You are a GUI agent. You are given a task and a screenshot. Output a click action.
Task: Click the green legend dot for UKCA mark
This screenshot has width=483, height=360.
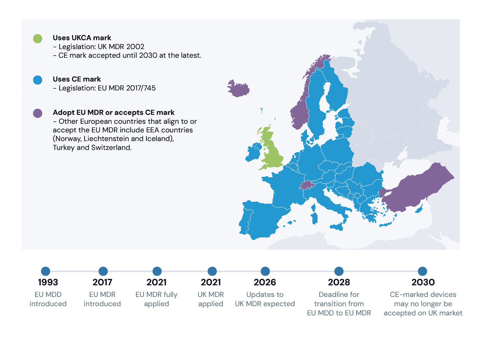coord(37,38)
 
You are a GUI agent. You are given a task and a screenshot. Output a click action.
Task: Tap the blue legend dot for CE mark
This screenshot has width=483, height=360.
coord(37,80)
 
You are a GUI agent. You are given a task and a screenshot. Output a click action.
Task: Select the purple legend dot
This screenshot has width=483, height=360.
coord(37,113)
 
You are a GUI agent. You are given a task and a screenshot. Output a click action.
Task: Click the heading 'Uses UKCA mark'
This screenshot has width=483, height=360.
coord(82,38)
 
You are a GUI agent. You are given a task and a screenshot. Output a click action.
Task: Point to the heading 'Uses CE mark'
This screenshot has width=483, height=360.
coord(77,79)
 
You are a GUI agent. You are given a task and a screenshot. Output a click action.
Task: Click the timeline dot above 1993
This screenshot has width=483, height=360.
coord(46,271)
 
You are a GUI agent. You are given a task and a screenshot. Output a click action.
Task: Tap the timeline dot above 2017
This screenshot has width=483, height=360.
coord(103,271)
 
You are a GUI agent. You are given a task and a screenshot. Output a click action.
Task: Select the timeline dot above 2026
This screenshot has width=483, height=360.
coord(265,271)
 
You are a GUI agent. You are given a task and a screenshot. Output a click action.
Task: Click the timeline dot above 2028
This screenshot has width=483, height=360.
coord(339,271)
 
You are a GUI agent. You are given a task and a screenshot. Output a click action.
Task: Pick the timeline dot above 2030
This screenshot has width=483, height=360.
coord(422,271)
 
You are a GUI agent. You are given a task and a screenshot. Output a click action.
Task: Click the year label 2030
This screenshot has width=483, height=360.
coord(423,282)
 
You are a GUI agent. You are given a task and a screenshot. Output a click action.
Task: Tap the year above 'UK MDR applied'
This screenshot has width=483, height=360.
coord(211,282)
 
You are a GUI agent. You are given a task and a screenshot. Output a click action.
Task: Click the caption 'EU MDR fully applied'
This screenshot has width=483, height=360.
coord(156,299)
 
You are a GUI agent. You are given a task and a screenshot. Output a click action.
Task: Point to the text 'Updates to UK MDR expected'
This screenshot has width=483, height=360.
coord(265,299)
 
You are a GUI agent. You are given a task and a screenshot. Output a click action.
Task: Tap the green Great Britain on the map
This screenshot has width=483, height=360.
coord(272,155)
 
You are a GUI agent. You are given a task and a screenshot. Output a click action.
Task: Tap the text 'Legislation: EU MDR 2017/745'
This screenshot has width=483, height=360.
coord(107,88)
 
